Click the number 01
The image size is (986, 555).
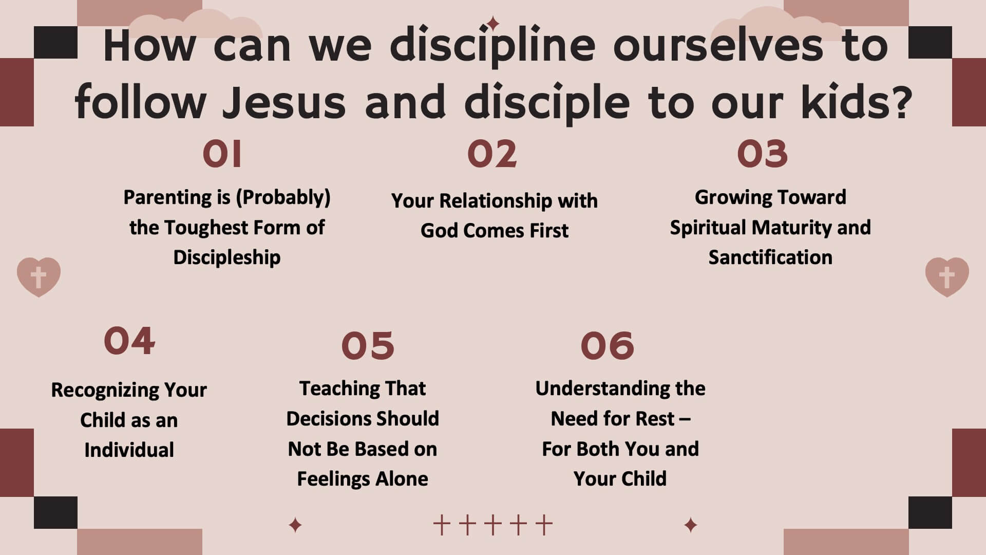tap(222, 154)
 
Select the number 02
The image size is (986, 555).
tap(492, 154)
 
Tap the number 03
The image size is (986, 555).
tap(762, 154)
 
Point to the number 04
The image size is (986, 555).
tap(129, 341)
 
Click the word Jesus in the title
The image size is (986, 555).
tap(284, 102)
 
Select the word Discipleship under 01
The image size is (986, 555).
tap(227, 257)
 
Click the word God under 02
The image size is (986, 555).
tap(440, 231)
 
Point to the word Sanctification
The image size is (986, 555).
tap(770, 257)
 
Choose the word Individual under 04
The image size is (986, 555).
tap(129, 450)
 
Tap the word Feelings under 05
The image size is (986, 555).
tap(334, 479)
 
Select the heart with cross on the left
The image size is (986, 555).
tap(39, 277)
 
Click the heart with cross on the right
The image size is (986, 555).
tap(947, 277)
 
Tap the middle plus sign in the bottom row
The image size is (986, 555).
tap(492, 525)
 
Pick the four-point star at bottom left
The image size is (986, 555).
tap(295, 525)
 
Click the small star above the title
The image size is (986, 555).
tap(493, 24)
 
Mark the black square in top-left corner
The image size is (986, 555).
tap(55, 42)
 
